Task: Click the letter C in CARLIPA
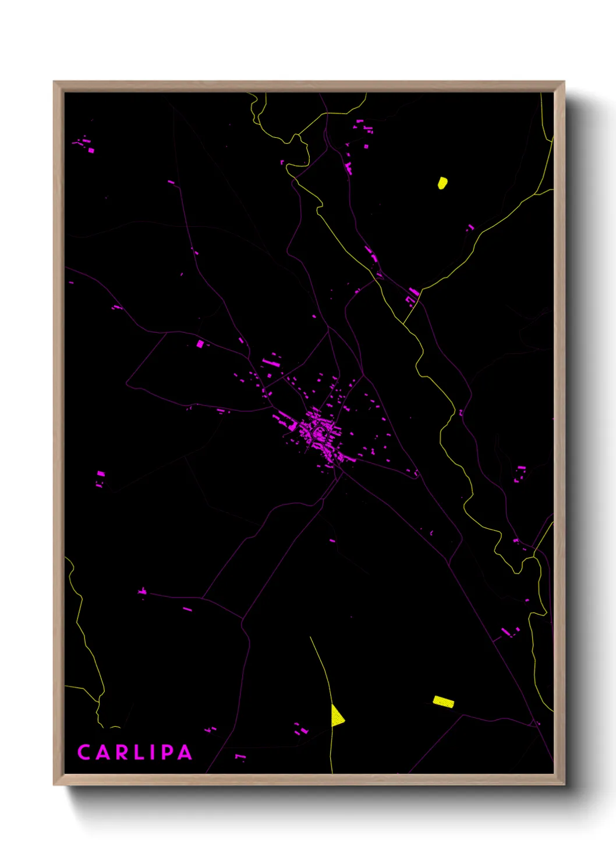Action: click(84, 752)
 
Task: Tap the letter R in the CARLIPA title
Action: click(120, 752)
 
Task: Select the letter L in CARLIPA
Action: click(137, 752)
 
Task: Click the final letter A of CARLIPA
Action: click(185, 752)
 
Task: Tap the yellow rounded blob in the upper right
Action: click(442, 183)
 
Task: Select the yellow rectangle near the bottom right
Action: click(444, 702)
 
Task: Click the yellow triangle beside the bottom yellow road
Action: click(337, 716)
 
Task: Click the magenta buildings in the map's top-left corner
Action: click(84, 144)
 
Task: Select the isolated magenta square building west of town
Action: click(200, 344)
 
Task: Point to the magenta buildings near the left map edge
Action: click(100, 477)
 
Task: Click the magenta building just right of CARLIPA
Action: click(239, 756)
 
